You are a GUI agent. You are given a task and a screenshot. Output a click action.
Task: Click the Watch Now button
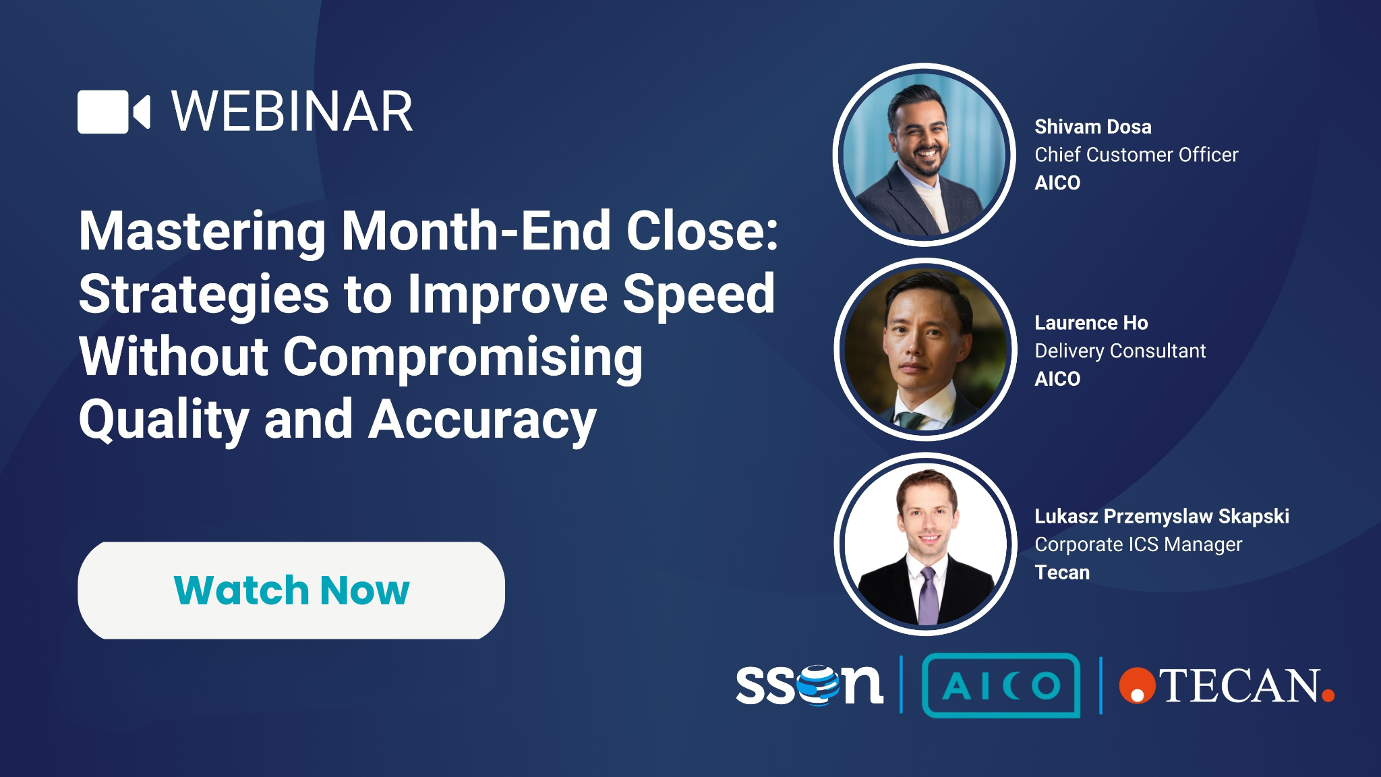click(291, 590)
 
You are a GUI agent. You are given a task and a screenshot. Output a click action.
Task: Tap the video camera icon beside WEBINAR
click(113, 112)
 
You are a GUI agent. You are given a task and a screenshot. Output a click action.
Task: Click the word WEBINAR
click(292, 112)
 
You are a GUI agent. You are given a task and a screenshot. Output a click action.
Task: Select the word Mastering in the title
click(202, 231)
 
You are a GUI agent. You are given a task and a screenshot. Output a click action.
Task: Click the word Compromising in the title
click(463, 357)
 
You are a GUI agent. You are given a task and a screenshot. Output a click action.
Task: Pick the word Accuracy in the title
click(483, 420)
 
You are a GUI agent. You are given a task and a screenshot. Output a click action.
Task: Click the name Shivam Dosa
click(1093, 127)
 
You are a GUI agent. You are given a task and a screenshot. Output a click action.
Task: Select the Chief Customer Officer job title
click(1136, 155)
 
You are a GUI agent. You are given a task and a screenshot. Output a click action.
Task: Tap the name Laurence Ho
click(1091, 323)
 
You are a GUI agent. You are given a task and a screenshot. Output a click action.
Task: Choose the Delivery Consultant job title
click(1120, 351)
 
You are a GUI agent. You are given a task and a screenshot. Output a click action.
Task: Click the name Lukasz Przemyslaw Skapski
click(1162, 517)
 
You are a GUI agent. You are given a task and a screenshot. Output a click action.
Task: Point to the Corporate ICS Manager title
click(1138, 545)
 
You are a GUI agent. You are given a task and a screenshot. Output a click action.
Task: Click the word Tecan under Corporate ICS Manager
click(1062, 573)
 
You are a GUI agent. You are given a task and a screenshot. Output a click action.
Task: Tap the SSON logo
click(809, 685)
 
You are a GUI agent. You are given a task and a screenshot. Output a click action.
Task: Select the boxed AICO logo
click(1001, 686)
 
